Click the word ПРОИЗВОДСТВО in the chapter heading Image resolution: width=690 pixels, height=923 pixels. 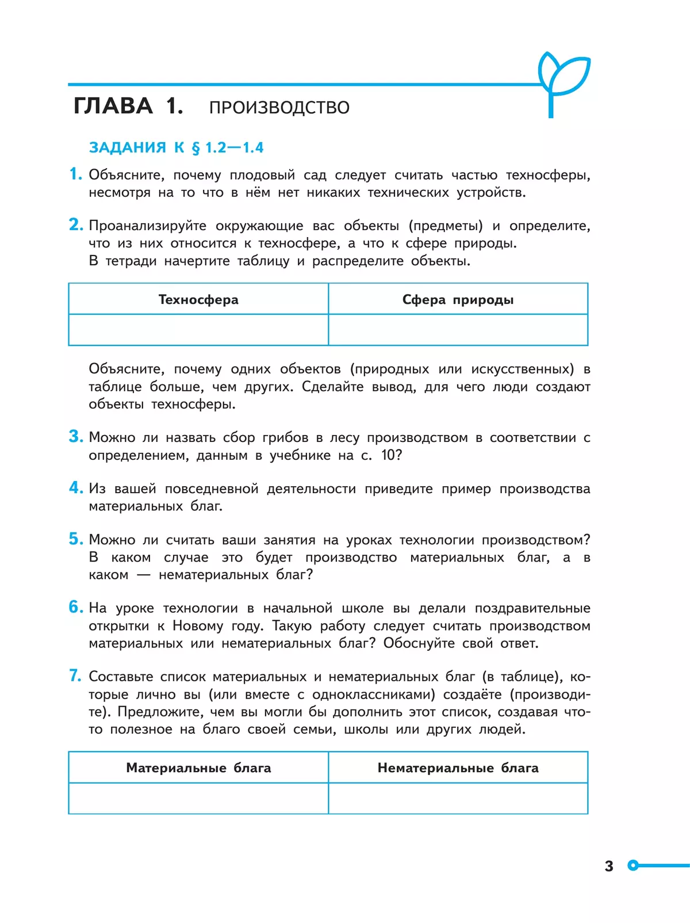pos(279,108)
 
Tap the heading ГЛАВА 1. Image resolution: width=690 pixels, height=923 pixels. pos(128,106)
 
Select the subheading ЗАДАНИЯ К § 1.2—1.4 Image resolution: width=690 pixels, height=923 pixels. pos(176,148)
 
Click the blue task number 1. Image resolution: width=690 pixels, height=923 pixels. pos(75,174)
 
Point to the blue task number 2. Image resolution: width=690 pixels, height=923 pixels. pos(75,224)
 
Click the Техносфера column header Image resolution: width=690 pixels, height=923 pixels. pos(198,299)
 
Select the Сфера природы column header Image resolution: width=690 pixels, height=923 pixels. pos(458,299)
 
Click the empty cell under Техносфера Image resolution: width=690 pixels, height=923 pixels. pos(198,330)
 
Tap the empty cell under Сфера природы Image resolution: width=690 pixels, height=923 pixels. pos(458,330)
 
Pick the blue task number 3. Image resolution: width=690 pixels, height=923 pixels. pos(75,436)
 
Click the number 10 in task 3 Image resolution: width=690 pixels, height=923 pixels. pos(389,455)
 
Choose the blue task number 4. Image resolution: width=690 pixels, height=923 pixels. pos(75,487)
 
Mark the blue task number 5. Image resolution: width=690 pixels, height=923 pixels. pos(75,539)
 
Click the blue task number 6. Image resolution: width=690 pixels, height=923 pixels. pos(75,607)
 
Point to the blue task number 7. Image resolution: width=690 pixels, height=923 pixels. pos(75,676)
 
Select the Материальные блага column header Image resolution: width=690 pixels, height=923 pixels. pos(198,768)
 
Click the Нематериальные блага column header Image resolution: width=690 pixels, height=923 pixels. pos(458,768)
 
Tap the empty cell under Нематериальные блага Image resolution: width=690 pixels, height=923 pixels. pos(458,798)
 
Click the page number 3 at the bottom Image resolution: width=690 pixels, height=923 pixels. pos(609,866)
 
